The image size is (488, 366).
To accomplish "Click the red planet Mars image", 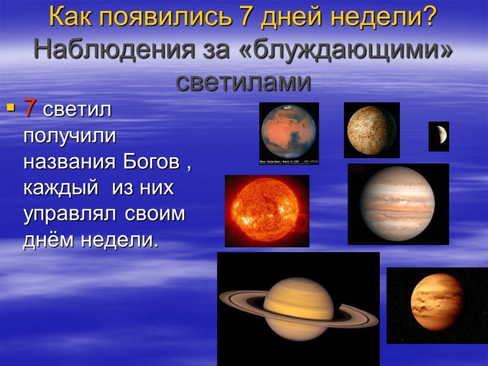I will tap(289, 131).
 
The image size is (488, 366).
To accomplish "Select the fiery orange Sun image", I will tap(266, 210).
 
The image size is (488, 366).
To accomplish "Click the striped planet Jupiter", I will tap(397, 203).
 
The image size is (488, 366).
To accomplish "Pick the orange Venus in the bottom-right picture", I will tap(437, 302).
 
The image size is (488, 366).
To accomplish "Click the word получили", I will tap(70, 136).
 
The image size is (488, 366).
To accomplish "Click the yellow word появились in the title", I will tap(163, 18).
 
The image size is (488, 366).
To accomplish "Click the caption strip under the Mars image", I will tap(289, 162).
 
